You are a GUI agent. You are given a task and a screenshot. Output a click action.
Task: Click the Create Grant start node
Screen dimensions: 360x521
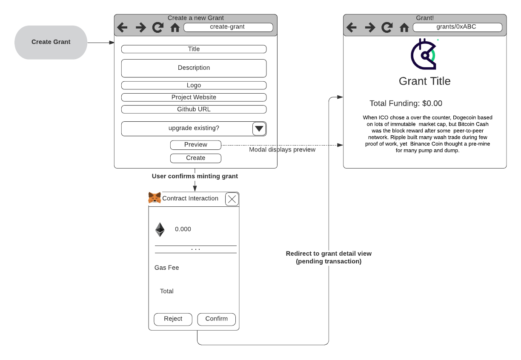pos(51,42)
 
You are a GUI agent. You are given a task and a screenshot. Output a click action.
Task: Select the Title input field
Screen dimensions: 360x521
pos(194,49)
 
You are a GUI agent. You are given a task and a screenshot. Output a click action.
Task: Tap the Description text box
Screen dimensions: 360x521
pos(194,68)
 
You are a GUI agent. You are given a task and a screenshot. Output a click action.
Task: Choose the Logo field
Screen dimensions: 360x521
pos(194,85)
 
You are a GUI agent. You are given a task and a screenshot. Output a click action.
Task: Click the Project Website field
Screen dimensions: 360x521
pos(194,97)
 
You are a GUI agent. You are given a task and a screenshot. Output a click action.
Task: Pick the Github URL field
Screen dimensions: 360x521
pos(194,109)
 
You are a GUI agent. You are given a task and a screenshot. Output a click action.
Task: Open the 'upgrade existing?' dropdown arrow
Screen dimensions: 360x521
pos(259,129)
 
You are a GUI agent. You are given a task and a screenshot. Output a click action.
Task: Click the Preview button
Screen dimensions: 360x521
pos(195,145)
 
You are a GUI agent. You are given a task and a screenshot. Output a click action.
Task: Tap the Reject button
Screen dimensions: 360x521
pos(173,319)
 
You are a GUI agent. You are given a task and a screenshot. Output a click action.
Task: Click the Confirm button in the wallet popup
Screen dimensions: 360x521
pos(216,319)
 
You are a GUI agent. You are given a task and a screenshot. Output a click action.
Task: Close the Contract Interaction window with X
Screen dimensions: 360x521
pos(232,199)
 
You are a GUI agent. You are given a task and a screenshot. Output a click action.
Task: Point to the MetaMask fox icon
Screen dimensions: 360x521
pos(155,198)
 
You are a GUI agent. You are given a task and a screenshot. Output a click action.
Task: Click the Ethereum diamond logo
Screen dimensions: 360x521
pos(160,229)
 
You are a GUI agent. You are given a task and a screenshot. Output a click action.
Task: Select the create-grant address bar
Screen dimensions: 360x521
pos(228,27)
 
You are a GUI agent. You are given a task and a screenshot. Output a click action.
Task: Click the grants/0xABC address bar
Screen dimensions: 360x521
pos(457,27)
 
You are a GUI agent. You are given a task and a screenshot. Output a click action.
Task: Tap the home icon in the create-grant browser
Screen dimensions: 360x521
pos(175,28)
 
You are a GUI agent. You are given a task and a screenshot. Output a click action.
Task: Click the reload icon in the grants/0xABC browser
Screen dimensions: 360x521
pos(387,28)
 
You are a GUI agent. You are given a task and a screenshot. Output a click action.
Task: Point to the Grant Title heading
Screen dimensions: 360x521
pos(424,81)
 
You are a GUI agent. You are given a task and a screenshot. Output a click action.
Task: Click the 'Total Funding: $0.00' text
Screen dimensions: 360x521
pos(406,103)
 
